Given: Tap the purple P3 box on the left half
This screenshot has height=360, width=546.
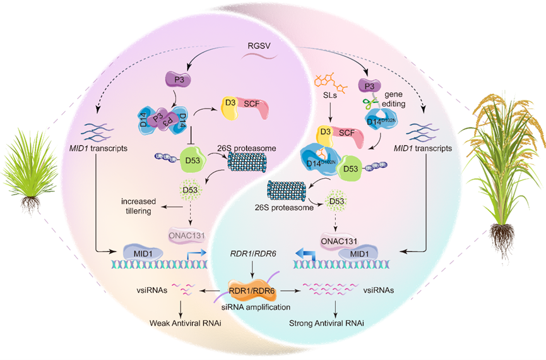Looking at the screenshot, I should [x=176, y=80].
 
